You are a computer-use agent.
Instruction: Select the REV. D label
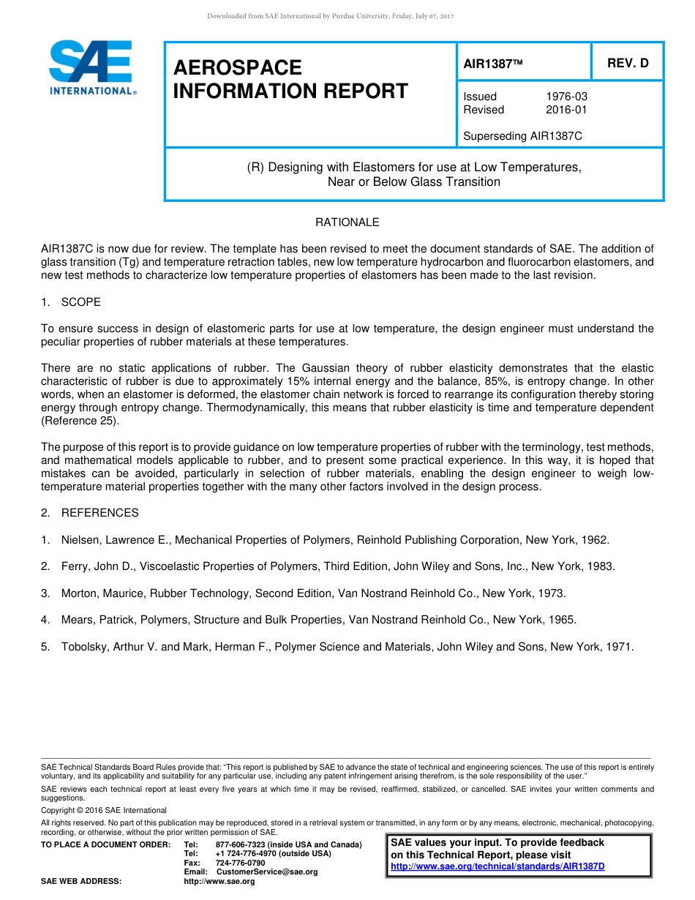(x=628, y=63)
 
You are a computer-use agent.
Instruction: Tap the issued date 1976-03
(x=566, y=97)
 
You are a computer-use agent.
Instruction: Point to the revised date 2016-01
(x=566, y=110)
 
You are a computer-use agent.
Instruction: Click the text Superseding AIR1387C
(x=522, y=136)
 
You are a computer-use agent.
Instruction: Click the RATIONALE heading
(x=347, y=222)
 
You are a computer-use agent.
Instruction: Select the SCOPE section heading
(x=80, y=302)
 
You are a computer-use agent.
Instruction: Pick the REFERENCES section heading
(x=99, y=513)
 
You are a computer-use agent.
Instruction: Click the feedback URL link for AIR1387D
(x=497, y=866)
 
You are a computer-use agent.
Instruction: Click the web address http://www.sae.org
(x=219, y=881)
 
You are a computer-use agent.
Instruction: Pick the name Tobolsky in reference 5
(x=85, y=647)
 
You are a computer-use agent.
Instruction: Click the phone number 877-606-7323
(x=240, y=845)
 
